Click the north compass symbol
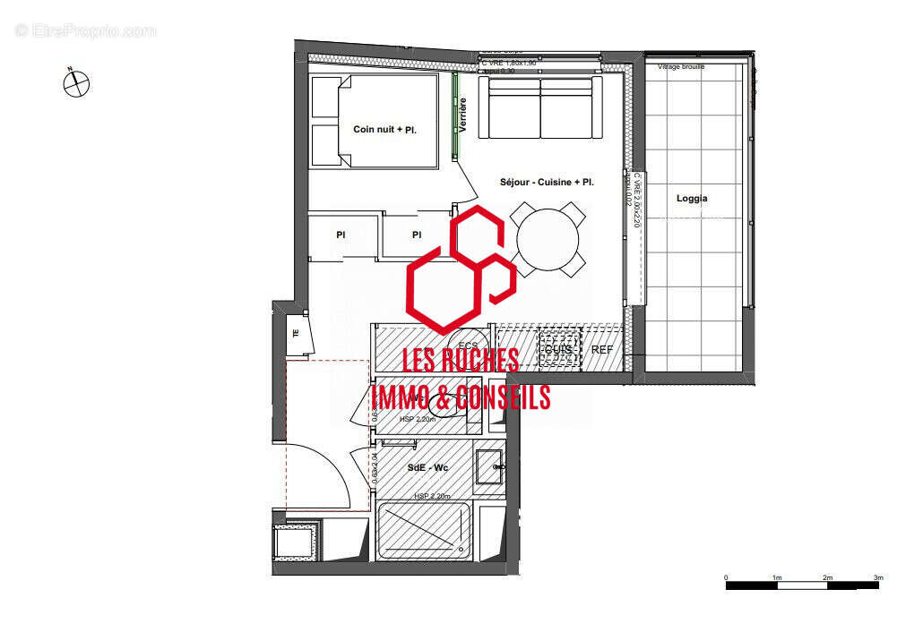tap(76, 84)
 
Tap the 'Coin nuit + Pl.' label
tap(384, 130)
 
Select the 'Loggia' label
tap(692, 199)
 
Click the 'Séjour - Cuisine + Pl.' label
tap(548, 182)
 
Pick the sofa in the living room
tap(539, 107)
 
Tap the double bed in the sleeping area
tap(375, 122)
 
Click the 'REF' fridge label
tap(602, 349)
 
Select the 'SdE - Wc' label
tap(427, 467)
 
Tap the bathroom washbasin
tap(490, 466)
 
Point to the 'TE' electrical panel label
tap(296, 334)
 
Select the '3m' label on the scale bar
tap(878, 577)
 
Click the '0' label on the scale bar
tap(726, 577)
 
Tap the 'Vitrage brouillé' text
tap(681, 67)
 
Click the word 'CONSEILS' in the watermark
tap(503, 397)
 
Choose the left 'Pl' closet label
tap(341, 235)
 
